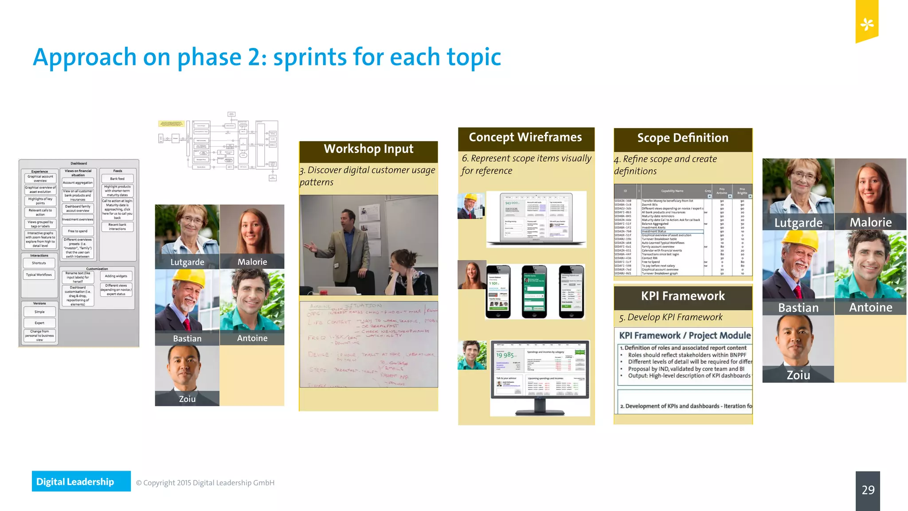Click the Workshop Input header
click(x=368, y=149)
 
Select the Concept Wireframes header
click(x=525, y=138)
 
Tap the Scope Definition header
click(x=683, y=138)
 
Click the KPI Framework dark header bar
click(x=683, y=296)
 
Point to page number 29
click(x=868, y=490)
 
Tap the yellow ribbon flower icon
click(x=867, y=24)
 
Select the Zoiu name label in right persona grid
click(x=798, y=375)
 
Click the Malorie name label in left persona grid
click(x=252, y=262)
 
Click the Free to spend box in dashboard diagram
click(x=78, y=231)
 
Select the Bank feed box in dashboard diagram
click(x=117, y=179)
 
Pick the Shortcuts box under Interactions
click(x=39, y=263)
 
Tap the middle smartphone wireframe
click(x=534, y=291)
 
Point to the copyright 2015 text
click(x=205, y=483)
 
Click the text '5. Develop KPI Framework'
click(x=671, y=318)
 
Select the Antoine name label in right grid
click(x=870, y=308)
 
